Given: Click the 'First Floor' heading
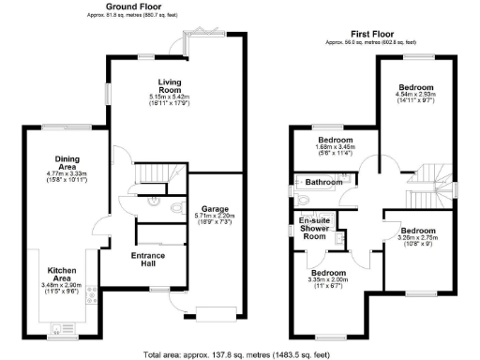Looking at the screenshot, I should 360,33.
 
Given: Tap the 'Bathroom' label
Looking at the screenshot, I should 322,182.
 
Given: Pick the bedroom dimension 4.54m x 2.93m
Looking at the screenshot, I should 416,94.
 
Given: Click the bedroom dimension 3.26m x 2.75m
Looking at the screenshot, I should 417,239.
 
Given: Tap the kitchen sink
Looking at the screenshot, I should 58,328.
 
